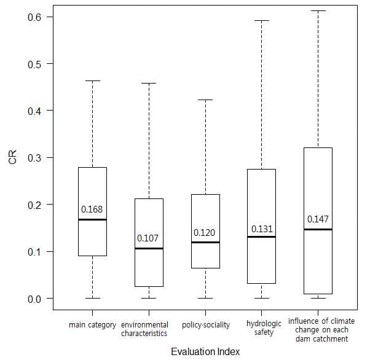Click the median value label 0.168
coord(92,210)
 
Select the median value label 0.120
coord(205,233)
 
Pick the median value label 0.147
coord(318,219)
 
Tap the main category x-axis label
coord(92,325)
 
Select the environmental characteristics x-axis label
coord(144,329)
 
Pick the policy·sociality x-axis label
coord(206,325)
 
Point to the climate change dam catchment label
coord(321,330)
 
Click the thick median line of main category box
coord(92,219)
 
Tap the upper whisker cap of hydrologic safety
coord(262,20)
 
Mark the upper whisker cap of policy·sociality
coord(205,100)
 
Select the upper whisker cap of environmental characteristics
coord(149,83)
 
